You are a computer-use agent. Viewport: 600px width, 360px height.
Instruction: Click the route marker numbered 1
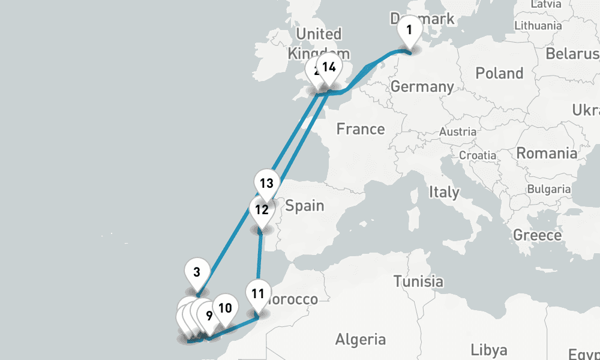point(409,29)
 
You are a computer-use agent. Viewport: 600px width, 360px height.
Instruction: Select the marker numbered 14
point(329,67)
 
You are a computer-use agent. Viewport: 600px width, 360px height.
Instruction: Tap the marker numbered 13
point(266,183)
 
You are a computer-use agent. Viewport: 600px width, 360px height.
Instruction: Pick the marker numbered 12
point(261,210)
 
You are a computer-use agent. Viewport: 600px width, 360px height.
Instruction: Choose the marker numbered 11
point(258,294)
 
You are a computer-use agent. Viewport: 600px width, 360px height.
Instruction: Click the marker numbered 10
point(225,308)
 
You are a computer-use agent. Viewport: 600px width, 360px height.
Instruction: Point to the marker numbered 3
point(196,271)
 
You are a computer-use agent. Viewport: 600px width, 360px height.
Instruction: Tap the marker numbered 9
point(209,315)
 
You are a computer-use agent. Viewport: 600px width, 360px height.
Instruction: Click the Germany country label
point(422,86)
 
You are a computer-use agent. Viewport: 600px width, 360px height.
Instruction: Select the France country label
point(360,129)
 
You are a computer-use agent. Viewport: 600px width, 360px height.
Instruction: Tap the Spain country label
point(304,206)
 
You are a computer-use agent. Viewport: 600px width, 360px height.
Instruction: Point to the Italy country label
point(443,193)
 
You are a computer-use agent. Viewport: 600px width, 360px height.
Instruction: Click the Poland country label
point(499,73)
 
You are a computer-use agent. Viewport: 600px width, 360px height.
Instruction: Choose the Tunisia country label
point(418,281)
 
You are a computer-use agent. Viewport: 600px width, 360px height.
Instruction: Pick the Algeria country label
point(360,340)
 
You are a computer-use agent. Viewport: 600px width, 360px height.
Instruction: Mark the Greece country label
point(537,235)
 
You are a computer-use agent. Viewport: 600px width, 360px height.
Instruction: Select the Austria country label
point(458,131)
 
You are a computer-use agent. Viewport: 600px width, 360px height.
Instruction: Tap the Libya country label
point(489,350)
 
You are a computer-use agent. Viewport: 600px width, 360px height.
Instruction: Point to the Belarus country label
point(572,54)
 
